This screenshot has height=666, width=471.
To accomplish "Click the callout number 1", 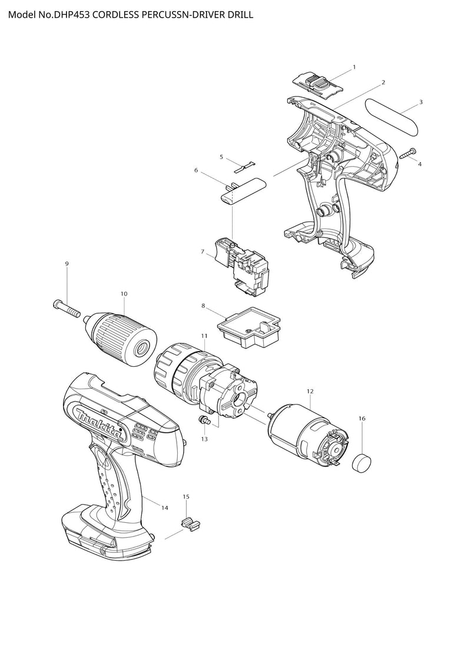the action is [354, 67].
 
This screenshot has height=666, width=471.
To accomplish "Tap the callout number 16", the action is [362, 418].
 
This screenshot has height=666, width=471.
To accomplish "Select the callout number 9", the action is [67, 264].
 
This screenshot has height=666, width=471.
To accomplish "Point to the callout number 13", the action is [204, 439].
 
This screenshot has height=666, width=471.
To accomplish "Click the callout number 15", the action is [186, 496].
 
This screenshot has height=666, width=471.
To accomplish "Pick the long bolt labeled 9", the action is [67, 308].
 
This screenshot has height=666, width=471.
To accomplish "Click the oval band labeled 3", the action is [393, 117].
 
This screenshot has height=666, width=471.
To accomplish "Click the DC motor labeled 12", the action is [308, 438].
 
